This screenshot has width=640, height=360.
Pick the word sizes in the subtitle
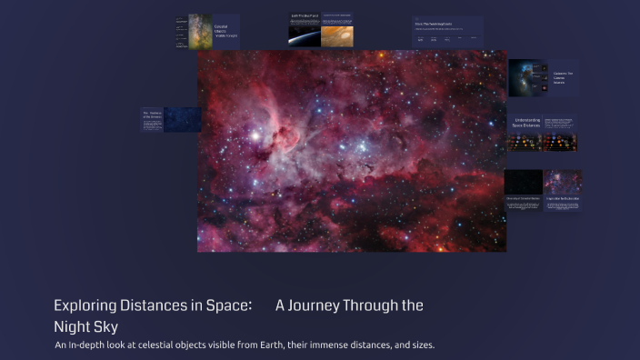[x=421, y=345]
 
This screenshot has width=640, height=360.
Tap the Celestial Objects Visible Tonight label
[x=223, y=32]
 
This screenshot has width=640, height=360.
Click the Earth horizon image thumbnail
[x=304, y=35]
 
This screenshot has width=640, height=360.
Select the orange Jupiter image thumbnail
[x=336, y=34]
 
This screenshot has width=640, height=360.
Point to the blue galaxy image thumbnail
[x=525, y=78]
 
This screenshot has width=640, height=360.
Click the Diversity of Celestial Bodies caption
[x=523, y=197]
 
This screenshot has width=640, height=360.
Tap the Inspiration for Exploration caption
[x=563, y=197]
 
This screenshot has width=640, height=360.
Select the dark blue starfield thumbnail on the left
[x=182, y=120]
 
